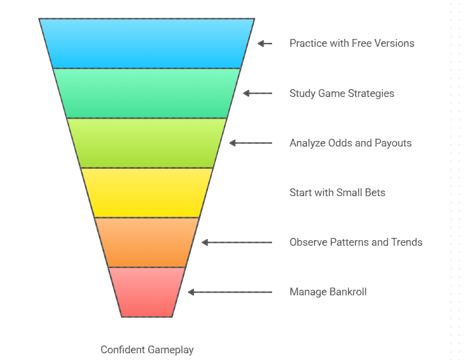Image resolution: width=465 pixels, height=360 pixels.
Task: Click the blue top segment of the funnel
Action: click(x=147, y=43)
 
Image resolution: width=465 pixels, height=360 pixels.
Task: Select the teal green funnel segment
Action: click(x=147, y=93)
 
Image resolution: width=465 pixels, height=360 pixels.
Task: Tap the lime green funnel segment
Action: click(x=147, y=143)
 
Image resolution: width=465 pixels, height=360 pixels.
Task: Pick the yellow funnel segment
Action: click(x=147, y=192)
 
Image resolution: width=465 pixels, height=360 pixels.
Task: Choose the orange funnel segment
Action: click(x=147, y=242)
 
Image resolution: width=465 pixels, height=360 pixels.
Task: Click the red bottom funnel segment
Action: click(x=147, y=291)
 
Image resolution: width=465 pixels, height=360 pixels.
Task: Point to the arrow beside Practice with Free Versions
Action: click(x=265, y=43)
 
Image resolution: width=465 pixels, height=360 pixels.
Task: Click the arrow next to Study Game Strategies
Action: click(x=258, y=93)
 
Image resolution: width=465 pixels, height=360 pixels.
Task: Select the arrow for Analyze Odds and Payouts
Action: click(x=251, y=143)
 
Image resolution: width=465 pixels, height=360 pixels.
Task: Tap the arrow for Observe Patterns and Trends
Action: click(x=237, y=242)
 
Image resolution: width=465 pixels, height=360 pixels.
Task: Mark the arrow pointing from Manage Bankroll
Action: click(x=230, y=292)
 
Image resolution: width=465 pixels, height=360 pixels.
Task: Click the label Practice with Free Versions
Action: click(x=352, y=43)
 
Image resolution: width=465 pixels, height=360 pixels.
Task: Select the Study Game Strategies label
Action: click(x=342, y=94)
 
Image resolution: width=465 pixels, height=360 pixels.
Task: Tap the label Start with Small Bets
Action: click(x=337, y=193)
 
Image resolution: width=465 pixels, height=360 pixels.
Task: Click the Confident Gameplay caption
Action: click(x=147, y=350)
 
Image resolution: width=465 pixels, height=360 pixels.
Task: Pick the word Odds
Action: click(x=341, y=143)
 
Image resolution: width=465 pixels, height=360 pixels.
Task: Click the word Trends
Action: click(x=406, y=242)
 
